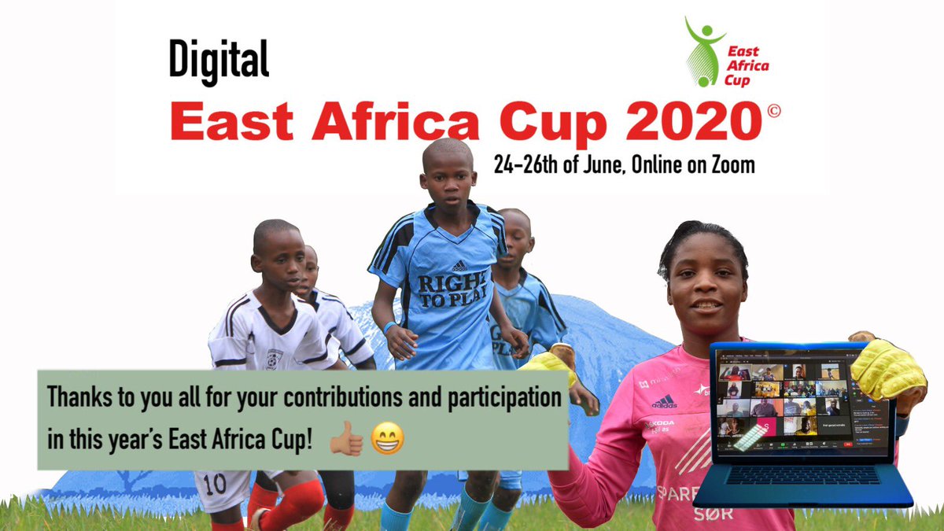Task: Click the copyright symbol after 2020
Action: click(773, 112)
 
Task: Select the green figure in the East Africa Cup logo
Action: click(704, 51)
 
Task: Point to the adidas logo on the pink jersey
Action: click(664, 401)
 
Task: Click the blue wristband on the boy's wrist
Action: click(389, 327)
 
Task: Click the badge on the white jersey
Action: click(274, 357)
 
